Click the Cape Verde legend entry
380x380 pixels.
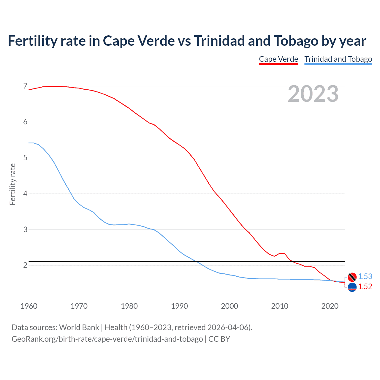point(278,59)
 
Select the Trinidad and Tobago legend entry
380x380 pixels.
point(338,59)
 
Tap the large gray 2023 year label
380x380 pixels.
point(313,94)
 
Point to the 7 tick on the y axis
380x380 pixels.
point(25,86)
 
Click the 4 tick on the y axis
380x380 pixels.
point(25,194)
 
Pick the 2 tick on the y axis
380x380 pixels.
point(25,265)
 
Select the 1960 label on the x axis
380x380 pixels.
point(29,306)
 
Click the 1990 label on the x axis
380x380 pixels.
point(179,306)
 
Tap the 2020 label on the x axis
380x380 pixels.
point(330,306)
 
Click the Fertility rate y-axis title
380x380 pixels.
point(12,184)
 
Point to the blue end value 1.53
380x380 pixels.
point(365,276)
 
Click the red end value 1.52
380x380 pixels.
point(365,286)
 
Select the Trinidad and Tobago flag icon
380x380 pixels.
point(352,277)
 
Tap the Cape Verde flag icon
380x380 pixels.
point(352,287)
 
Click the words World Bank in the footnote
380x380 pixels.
point(79,327)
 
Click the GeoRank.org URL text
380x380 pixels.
point(107,339)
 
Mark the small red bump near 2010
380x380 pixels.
point(282,253)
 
